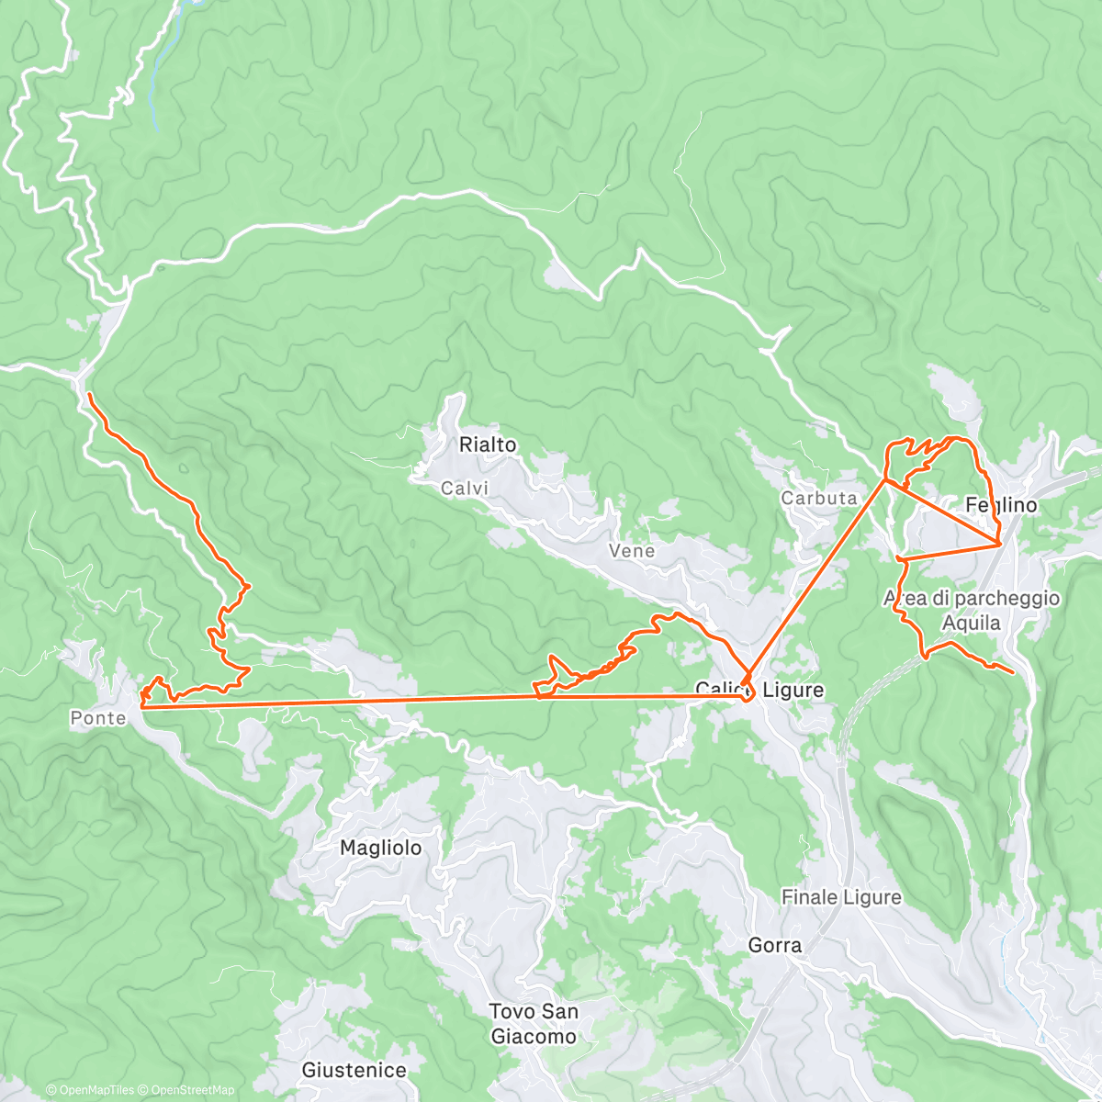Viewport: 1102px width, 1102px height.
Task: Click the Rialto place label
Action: point(488,444)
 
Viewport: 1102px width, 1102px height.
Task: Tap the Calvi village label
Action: point(465,489)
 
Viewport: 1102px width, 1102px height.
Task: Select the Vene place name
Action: point(632,551)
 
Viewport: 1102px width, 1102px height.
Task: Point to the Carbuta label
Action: point(819,498)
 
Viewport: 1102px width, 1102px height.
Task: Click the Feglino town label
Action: point(1001,505)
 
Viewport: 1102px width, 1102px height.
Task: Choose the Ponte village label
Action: point(98,718)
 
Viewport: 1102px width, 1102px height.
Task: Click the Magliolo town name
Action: point(381,848)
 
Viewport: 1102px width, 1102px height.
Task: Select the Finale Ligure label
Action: point(841,897)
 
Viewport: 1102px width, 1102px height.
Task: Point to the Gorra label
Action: point(775,945)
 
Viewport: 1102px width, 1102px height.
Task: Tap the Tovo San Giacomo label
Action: point(534,1024)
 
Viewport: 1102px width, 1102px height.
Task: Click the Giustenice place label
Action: point(354,1070)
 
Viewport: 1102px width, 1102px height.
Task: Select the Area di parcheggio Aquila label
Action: point(972,611)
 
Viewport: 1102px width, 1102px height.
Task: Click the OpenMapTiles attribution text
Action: point(90,1090)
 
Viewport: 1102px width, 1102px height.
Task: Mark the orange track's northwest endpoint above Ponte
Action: point(89,394)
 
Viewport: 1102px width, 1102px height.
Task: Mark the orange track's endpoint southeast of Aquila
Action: point(1013,673)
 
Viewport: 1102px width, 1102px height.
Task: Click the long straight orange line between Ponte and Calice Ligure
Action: point(367,702)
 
